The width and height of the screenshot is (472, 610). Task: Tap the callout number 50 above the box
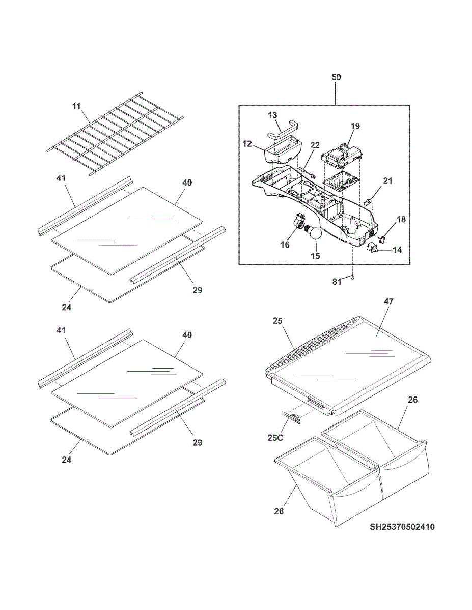(x=336, y=77)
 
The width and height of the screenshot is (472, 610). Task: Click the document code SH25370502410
(x=402, y=527)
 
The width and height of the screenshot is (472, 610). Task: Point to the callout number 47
(x=389, y=301)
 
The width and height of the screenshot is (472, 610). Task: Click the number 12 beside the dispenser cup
(x=247, y=144)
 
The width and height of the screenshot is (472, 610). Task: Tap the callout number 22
(x=315, y=145)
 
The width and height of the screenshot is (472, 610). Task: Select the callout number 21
(x=388, y=181)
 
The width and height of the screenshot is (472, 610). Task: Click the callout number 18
(x=402, y=219)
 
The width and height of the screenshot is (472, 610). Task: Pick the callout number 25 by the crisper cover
(x=277, y=321)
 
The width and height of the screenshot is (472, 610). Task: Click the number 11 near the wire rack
(x=76, y=106)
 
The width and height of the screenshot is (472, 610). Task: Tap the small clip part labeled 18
(x=383, y=235)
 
